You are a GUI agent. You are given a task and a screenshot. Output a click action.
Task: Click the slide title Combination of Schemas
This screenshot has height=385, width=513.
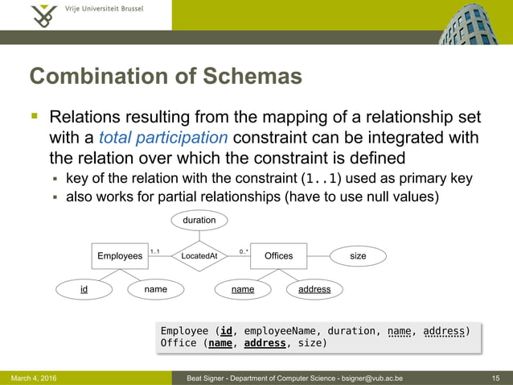pyautogui.click(x=166, y=77)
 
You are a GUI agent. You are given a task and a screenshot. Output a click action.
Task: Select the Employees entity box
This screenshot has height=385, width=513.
pyautogui.click(x=120, y=256)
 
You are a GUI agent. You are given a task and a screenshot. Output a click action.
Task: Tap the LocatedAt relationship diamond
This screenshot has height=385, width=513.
pyautogui.click(x=199, y=256)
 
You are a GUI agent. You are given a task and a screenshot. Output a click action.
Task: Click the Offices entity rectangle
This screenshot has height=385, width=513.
pyautogui.click(x=278, y=256)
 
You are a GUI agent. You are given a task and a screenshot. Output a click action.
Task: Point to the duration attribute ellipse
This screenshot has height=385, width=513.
pyautogui.click(x=199, y=220)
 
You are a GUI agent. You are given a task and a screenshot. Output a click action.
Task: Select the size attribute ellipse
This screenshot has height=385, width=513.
pyautogui.click(x=358, y=256)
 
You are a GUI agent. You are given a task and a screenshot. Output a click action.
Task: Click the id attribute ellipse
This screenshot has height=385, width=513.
pyautogui.click(x=84, y=288)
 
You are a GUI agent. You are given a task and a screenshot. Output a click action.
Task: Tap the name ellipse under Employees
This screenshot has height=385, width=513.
pyautogui.click(x=155, y=288)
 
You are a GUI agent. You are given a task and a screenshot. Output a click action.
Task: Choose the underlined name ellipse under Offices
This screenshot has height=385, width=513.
pyautogui.click(x=243, y=288)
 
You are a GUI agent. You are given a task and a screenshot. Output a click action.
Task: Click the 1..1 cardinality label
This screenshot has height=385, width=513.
pyautogui.click(x=154, y=252)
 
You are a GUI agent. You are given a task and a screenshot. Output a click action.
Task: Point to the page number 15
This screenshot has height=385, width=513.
pyautogui.click(x=496, y=378)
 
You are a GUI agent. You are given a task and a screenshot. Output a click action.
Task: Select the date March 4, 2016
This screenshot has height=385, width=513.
pyautogui.click(x=34, y=378)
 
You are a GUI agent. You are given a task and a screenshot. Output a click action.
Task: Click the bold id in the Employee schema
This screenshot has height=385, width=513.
pyautogui.click(x=228, y=330)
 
